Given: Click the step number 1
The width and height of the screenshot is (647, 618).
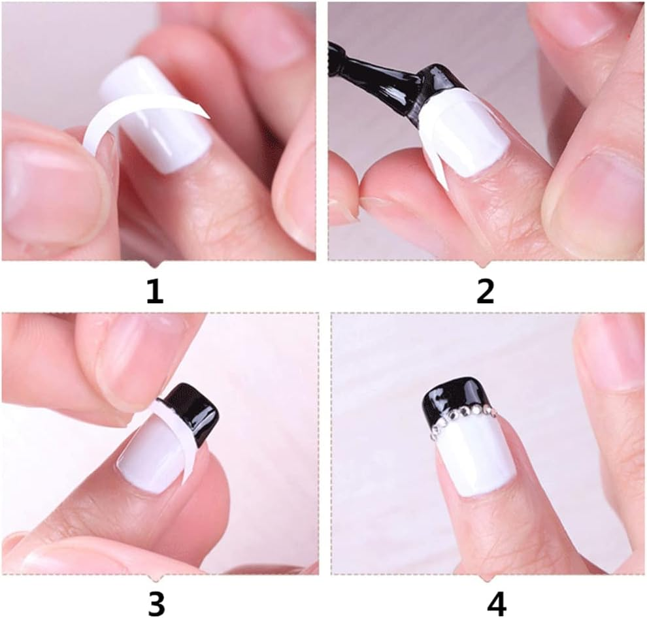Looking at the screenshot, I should pyautogui.click(x=154, y=291).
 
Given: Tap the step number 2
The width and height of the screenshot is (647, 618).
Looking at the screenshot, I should pyautogui.click(x=485, y=291).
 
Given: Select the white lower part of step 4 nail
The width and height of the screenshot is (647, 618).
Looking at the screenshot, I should pyautogui.click(x=474, y=457).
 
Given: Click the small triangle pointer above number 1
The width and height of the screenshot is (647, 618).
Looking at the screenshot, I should pyautogui.click(x=154, y=264).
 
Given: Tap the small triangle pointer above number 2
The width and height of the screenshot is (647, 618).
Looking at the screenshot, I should pyautogui.click(x=484, y=264).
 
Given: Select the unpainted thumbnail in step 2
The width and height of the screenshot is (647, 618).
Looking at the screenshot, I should pyautogui.click(x=598, y=196).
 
